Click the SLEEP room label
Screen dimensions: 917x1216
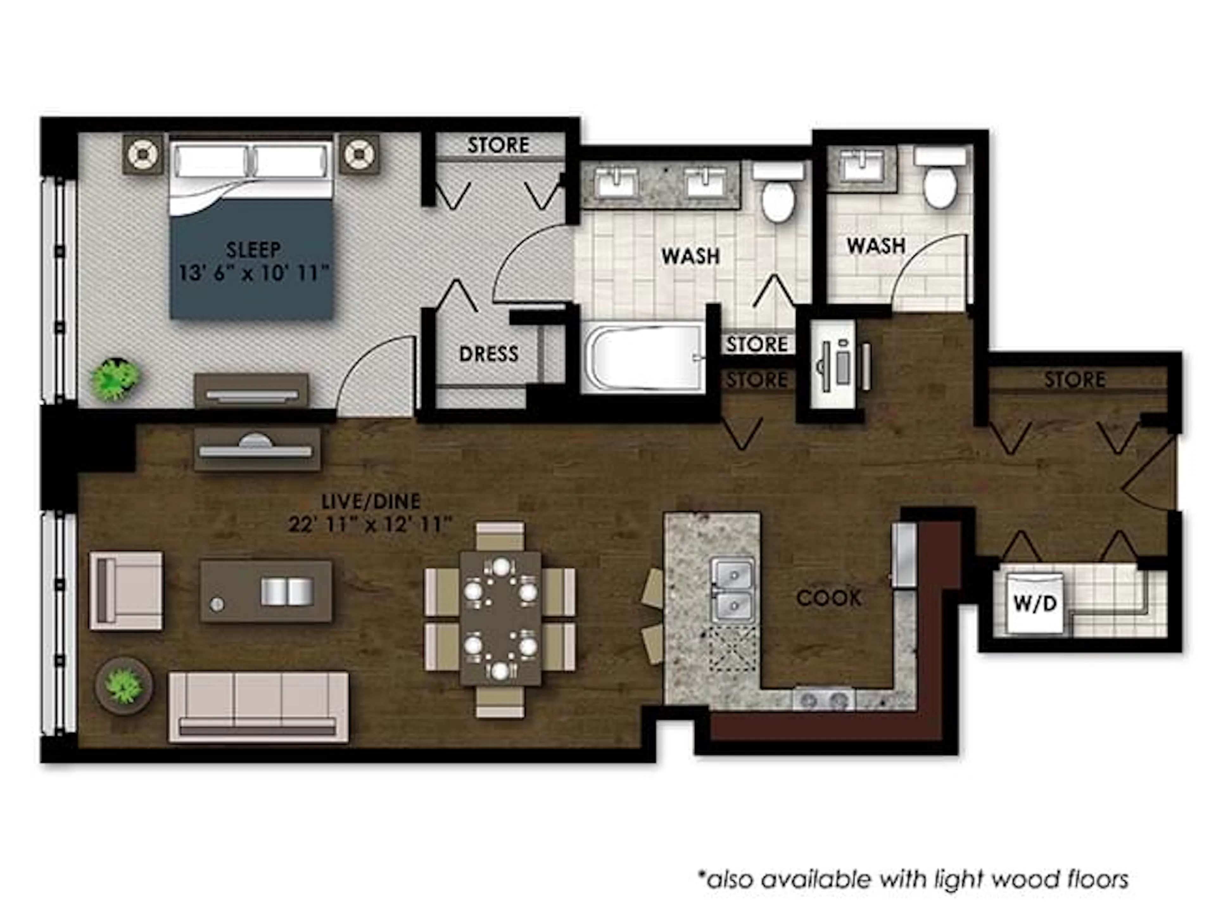[253, 250]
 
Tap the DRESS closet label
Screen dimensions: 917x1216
[489, 353]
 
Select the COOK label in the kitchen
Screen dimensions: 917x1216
[828, 598]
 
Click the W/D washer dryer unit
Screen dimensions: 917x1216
[1035, 604]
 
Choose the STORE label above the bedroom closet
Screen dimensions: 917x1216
[498, 145]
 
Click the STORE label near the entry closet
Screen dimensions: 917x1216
[1074, 379]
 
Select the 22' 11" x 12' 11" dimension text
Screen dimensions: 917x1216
[370, 525]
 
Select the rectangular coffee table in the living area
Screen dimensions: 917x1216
[265, 591]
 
